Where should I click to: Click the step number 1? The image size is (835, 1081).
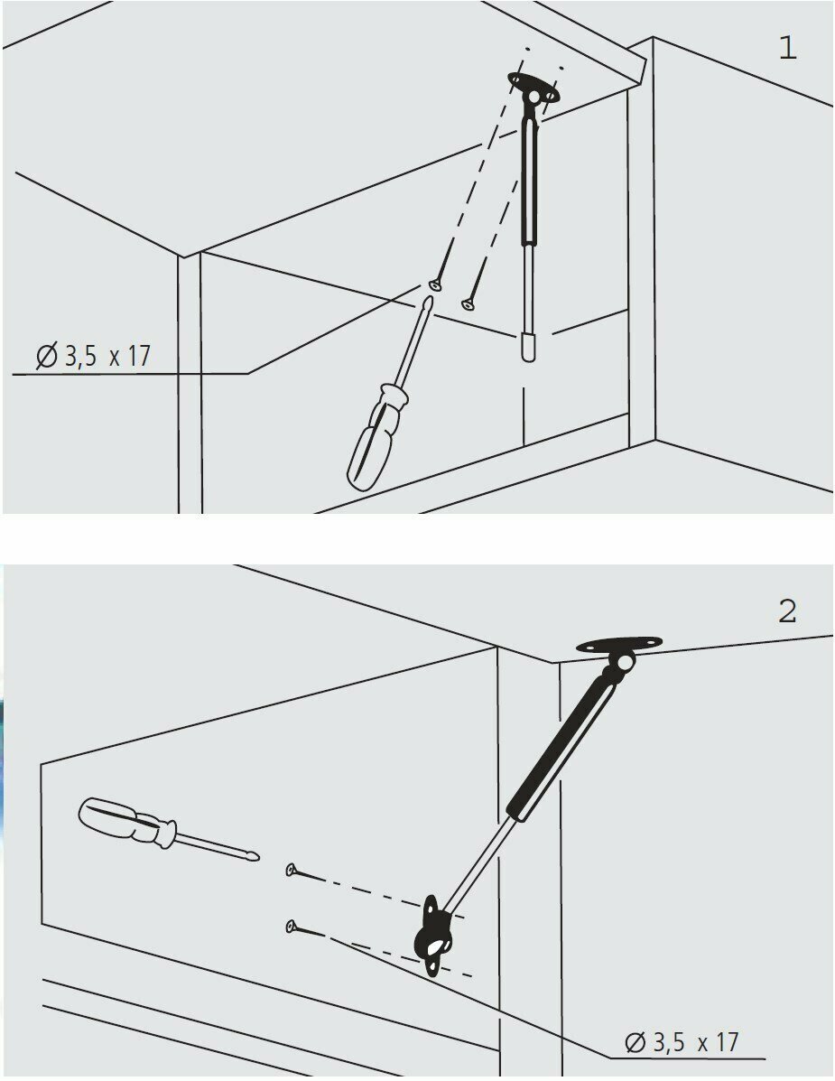tap(787, 49)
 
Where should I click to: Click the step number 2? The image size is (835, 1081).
tap(787, 612)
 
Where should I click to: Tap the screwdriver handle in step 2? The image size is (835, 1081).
tap(123, 821)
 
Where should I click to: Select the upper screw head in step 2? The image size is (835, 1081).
tap(292, 871)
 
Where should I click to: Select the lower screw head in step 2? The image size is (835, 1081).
tap(291, 926)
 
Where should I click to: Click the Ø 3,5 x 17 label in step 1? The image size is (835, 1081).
tap(93, 356)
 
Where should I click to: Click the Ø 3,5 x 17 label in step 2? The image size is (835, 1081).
tap(682, 1042)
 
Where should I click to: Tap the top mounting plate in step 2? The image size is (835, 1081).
tap(618, 646)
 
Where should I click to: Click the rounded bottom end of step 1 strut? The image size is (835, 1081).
tap(529, 347)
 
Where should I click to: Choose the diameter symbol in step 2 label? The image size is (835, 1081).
tap(636, 1043)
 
